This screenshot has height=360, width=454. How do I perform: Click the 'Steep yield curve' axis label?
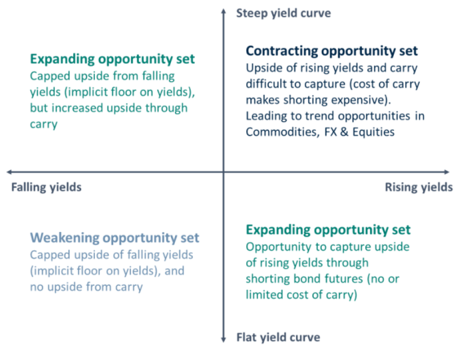284,13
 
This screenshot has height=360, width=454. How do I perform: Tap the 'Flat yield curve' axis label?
278,337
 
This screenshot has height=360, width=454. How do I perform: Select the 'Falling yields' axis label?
46,187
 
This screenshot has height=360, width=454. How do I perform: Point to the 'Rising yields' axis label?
419,187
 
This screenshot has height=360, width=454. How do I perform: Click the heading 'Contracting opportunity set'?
332,51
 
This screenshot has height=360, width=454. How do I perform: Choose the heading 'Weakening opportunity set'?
115,238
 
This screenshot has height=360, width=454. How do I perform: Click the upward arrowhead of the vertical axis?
223,11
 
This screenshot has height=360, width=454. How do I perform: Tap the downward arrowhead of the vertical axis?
223,340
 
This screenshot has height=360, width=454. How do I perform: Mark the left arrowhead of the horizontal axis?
9,172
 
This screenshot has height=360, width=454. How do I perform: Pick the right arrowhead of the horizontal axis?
447,172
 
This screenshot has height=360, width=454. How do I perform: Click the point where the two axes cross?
223,172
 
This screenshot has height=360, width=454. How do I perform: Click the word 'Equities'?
373,132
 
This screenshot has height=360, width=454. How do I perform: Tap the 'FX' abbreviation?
330,132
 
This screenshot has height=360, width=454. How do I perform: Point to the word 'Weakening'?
65,238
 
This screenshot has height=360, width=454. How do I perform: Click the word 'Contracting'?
282,51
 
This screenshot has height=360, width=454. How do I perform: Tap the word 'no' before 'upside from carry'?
37,287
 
